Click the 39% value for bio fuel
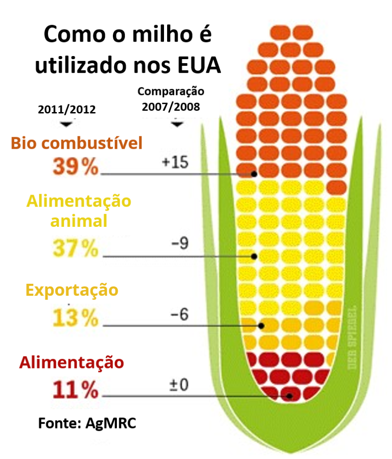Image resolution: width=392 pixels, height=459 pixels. (75, 167)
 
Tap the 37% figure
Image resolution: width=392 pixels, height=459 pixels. (75, 248)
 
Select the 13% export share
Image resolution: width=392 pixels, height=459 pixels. (75, 318)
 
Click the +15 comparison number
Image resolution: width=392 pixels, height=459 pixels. (175, 162)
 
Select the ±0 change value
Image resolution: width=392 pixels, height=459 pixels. (179, 384)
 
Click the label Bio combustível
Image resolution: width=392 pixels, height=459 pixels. (77, 143)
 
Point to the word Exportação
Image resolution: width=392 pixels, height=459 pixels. (72, 290)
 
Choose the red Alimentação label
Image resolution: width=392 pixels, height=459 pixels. (71, 362)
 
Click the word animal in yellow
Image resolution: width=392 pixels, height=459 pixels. (79, 221)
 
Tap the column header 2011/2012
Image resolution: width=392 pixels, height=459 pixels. (67, 110)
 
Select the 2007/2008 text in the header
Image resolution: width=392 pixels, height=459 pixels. (171, 107)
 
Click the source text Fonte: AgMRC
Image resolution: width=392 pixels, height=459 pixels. (87, 423)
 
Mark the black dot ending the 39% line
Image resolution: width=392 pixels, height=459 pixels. (254, 173)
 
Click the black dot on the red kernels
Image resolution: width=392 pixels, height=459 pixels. (290, 396)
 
